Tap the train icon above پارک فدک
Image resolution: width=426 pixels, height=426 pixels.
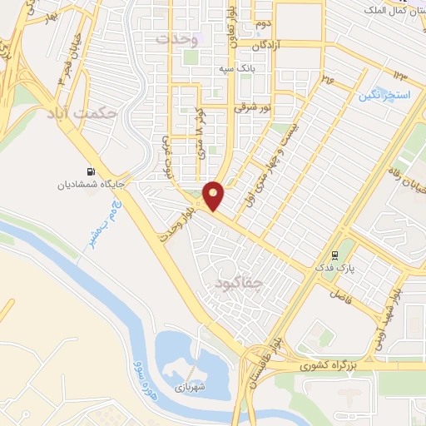(x=335, y=255)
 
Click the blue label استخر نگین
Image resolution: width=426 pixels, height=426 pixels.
(x=385, y=96)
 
